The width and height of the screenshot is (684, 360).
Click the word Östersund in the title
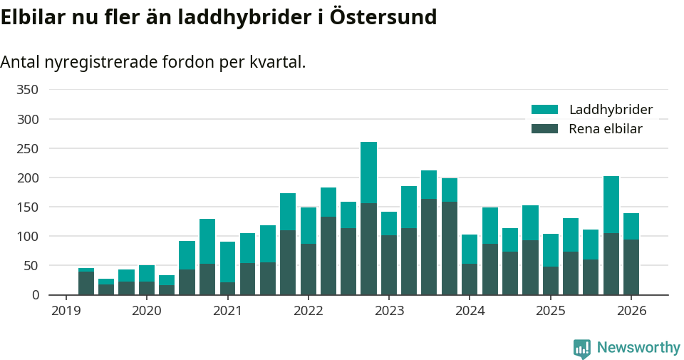[383, 17]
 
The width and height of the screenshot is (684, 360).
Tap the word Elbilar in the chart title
[33, 17]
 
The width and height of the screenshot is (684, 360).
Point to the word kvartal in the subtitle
[277, 62]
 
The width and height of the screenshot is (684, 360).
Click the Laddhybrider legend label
[611, 110]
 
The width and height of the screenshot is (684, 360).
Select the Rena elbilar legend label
[606, 129]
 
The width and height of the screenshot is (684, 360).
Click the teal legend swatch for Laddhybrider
[544, 110]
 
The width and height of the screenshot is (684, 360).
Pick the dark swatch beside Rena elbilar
[544, 129]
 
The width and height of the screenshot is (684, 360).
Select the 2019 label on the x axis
[66, 311]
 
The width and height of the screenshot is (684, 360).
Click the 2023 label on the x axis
[389, 311]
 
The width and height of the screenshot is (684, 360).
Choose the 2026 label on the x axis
[631, 311]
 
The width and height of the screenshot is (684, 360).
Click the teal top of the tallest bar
[368, 172]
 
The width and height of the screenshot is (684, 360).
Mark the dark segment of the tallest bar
[368, 249]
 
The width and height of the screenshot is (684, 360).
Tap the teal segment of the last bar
[631, 226]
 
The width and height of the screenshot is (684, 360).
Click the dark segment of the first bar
[86, 283]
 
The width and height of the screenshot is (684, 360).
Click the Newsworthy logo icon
[582, 348]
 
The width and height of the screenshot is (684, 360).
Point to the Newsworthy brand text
[638, 348]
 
